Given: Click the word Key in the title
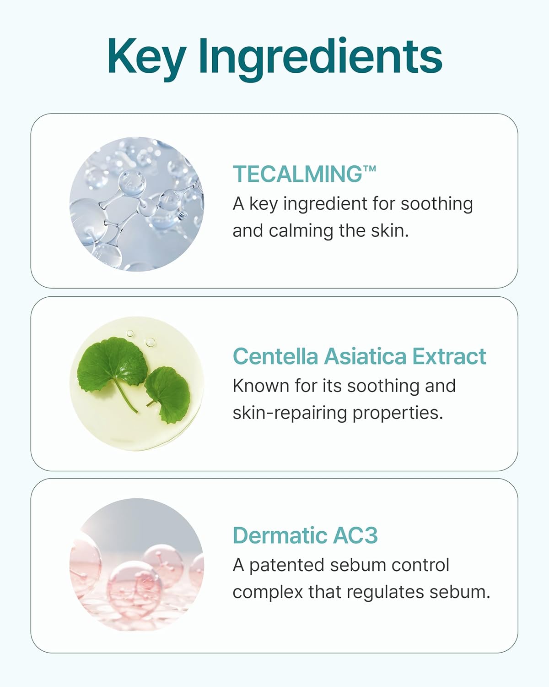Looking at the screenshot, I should coord(145,57).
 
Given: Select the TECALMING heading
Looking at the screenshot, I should coord(297,174).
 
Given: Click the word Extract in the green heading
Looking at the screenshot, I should coord(449,356).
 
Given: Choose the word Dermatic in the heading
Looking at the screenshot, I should coord(280,535).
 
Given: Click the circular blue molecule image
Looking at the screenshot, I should coord(136,204).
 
